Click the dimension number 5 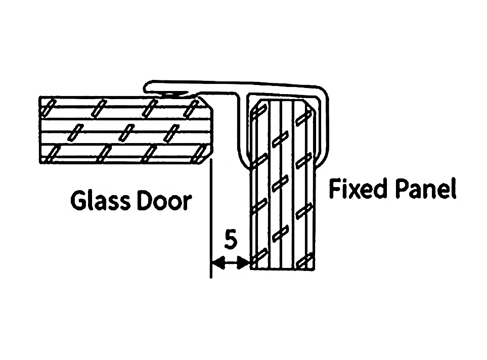(x=230, y=240)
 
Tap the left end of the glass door (x=40, y=130)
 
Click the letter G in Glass (x=78, y=201)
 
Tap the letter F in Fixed (x=335, y=189)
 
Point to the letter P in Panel (x=403, y=189)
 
